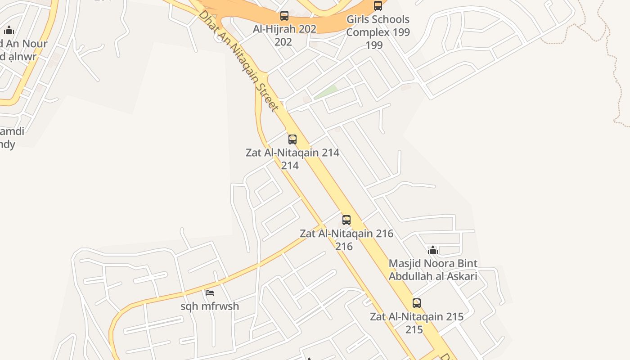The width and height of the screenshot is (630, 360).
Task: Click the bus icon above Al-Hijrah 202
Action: point(284,16)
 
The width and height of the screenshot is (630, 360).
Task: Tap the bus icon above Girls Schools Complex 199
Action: point(378,6)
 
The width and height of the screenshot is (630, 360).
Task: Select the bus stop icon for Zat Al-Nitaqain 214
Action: point(292,139)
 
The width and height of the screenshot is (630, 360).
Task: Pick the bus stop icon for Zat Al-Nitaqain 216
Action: point(346,220)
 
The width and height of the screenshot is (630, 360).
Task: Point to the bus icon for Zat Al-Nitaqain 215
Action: point(417,303)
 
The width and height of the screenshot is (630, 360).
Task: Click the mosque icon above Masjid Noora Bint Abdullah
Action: point(433,250)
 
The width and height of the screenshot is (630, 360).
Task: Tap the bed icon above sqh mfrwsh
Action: point(210,293)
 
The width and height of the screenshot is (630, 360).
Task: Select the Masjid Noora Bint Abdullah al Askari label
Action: point(433,270)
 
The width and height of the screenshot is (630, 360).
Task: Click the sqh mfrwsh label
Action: point(210,306)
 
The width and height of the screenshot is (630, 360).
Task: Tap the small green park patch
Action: point(326,92)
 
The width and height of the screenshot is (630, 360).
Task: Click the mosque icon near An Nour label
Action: point(9,31)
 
